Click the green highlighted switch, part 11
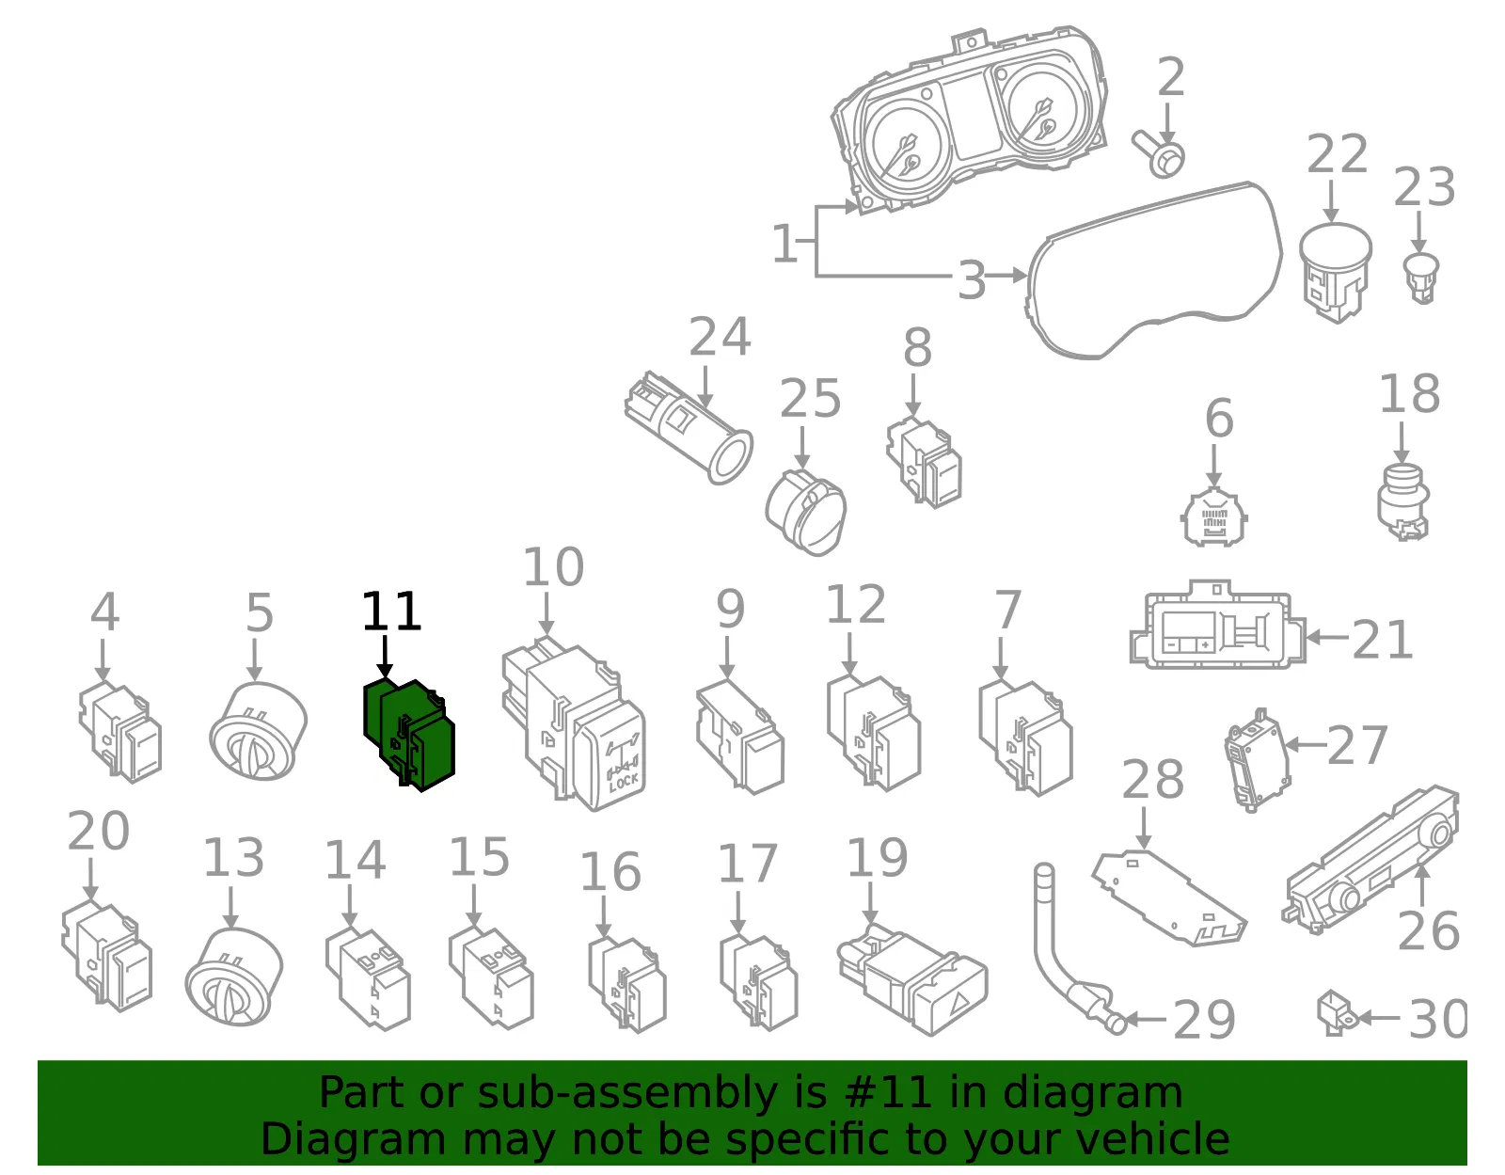(408, 735)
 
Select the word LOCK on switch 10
(624, 783)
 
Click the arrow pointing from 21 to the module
(1327, 636)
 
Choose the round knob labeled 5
(258, 730)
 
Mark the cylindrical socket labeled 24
(688, 428)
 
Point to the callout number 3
(971, 280)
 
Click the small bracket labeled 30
(1336, 1014)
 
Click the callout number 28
(1152, 779)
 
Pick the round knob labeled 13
(234, 977)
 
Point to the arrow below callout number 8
(912, 396)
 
